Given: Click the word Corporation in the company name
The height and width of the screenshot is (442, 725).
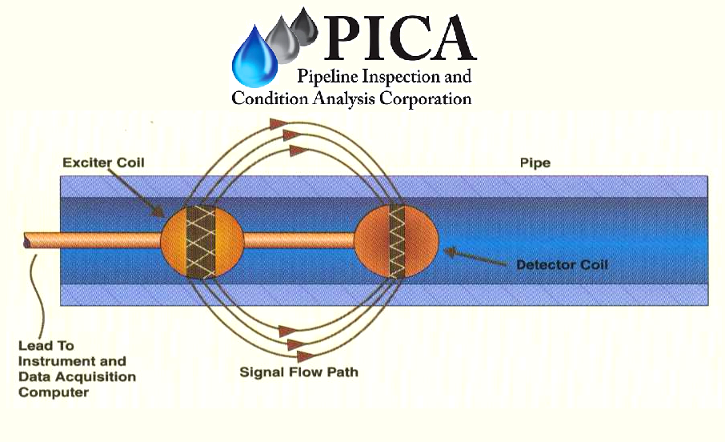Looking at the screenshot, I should click(x=423, y=98).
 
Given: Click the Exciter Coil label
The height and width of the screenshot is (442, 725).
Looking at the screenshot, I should click(x=103, y=163).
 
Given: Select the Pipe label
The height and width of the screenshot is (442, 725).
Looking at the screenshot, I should click(x=535, y=163).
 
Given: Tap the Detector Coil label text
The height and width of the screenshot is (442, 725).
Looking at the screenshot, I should click(x=563, y=264).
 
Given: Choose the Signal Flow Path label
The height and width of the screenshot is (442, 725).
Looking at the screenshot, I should click(x=298, y=372).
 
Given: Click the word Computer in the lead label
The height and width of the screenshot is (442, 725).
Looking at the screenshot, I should click(x=54, y=392).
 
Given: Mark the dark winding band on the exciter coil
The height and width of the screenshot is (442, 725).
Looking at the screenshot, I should click(x=202, y=240).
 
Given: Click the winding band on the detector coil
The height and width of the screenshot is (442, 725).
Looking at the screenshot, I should click(x=397, y=240).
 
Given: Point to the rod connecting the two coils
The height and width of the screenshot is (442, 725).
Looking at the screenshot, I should click(x=298, y=238).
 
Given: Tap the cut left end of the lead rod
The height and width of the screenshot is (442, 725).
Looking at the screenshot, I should click(x=28, y=239).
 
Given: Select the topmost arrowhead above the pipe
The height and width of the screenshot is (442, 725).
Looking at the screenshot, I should click(x=278, y=123).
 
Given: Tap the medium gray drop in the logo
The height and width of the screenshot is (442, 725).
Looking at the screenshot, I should click(x=282, y=42).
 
